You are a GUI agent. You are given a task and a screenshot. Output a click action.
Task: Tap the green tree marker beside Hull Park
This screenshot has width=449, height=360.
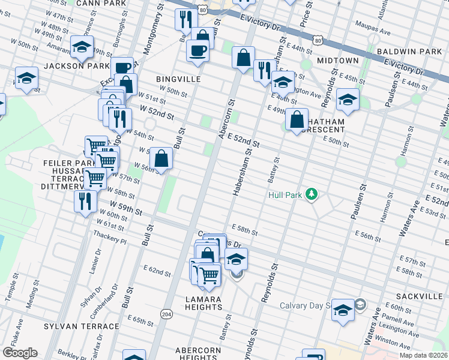pos(311,194)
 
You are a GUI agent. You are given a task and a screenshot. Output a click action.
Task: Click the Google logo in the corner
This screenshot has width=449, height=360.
pos(20,352)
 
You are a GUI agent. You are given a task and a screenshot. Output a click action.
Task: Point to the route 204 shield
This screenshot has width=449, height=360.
pos(167,313)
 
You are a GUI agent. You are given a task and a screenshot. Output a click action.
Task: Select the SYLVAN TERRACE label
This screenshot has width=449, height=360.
pos(82,326)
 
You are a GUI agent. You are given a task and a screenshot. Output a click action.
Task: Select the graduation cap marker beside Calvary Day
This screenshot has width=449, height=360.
pos(343,310)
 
